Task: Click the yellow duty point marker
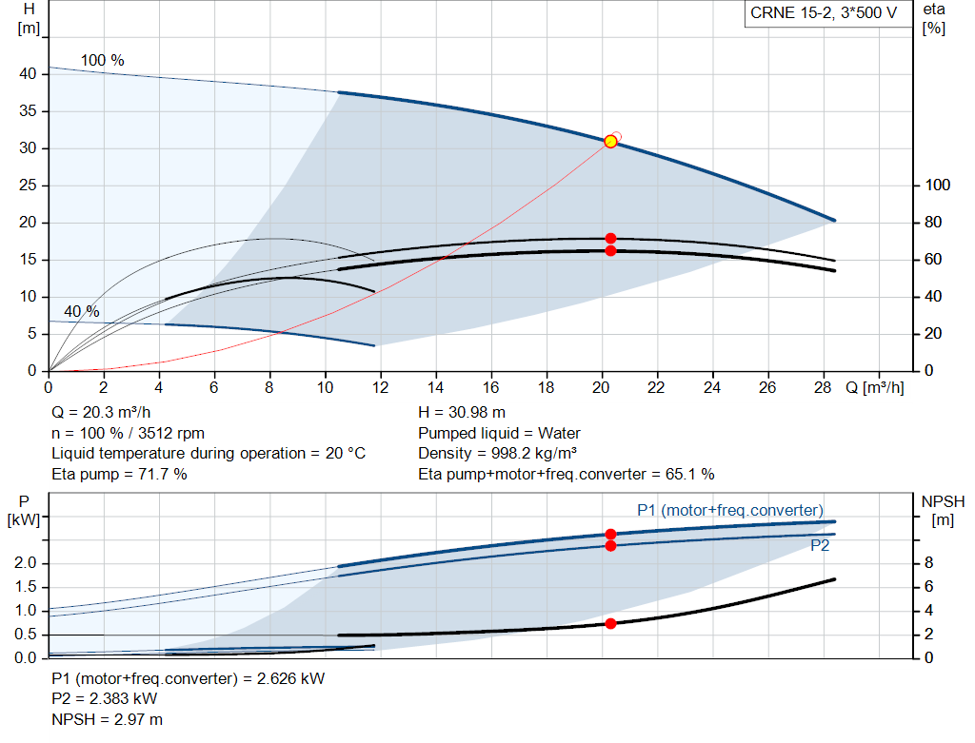click(610, 142)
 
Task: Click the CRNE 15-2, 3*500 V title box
click(824, 13)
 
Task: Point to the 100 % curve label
click(102, 60)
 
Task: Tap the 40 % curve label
click(82, 312)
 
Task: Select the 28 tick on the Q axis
click(823, 388)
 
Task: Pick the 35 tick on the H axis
click(29, 111)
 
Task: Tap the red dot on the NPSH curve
click(610, 623)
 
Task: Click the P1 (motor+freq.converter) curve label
click(729, 510)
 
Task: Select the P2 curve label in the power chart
click(819, 546)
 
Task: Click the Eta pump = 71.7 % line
click(119, 473)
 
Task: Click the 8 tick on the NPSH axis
click(930, 564)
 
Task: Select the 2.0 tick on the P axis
click(28, 564)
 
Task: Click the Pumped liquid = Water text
click(499, 433)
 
